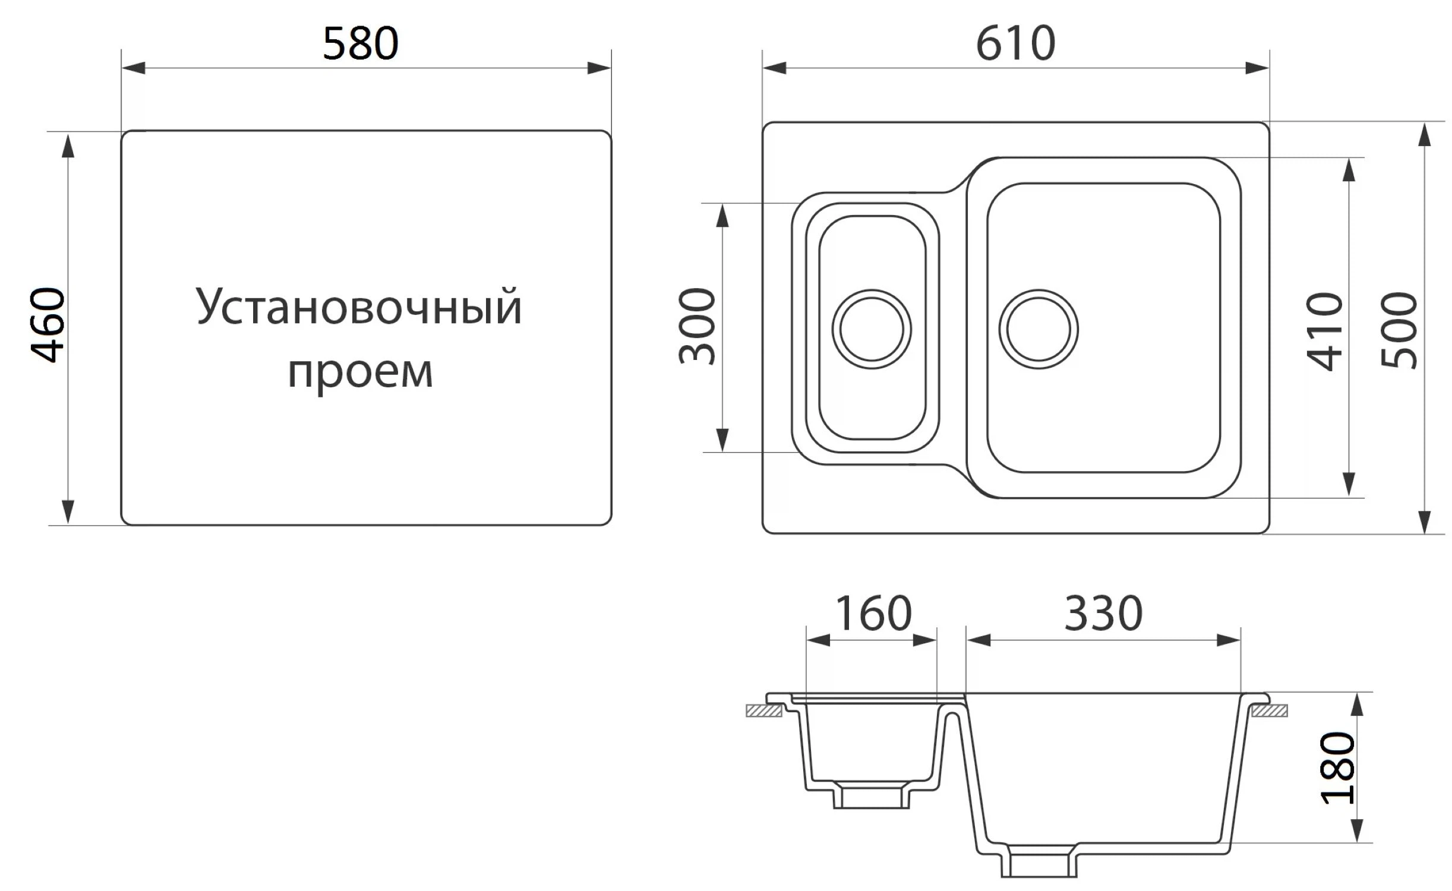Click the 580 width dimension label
click(360, 43)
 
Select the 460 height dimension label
click(48, 325)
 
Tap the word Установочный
click(359, 308)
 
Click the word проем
click(360, 372)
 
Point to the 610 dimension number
click(1015, 43)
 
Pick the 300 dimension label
click(697, 326)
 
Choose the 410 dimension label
click(1325, 331)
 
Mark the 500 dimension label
click(1399, 331)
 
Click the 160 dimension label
click(873, 613)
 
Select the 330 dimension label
click(1103, 613)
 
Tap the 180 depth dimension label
click(1338, 768)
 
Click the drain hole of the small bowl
click(872, 329)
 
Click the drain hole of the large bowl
click(1039, 329)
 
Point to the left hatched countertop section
click(764, 710)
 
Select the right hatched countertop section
click(1270, 710)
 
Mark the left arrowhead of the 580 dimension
click(133, 68)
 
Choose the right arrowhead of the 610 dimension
click(1257, 68)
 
